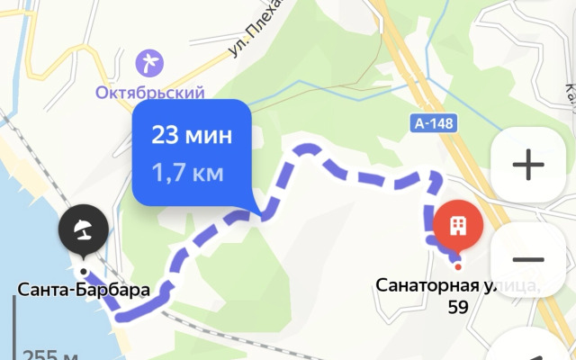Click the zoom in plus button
click(x=527, y=165)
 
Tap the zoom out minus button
click(x=527, y=259)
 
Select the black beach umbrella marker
click(x=83, y=229)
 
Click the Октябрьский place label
click(x=150, y=91)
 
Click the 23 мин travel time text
click(x=192, y=136)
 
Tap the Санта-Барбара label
click(x=83, y=290)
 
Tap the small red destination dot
click(x=457, y=265)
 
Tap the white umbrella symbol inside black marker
click(x=83, y=228)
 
